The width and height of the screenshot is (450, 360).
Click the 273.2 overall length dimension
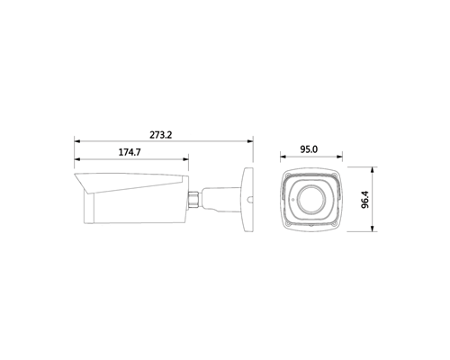point(161,135)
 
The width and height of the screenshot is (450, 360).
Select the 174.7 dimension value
point(130,152)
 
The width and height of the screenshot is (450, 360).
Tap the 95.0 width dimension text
point(309,149)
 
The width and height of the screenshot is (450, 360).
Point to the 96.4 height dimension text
point(364,200)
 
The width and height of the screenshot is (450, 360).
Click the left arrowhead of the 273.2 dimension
point(77,140)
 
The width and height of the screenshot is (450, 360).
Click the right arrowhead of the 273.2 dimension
point(249,140)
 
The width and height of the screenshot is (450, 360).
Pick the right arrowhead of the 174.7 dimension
point(185,159)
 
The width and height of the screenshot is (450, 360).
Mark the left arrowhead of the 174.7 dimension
point(77,159)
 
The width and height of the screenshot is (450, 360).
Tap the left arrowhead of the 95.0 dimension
point(283,157)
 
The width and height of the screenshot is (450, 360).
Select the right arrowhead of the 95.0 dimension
point(339,157)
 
